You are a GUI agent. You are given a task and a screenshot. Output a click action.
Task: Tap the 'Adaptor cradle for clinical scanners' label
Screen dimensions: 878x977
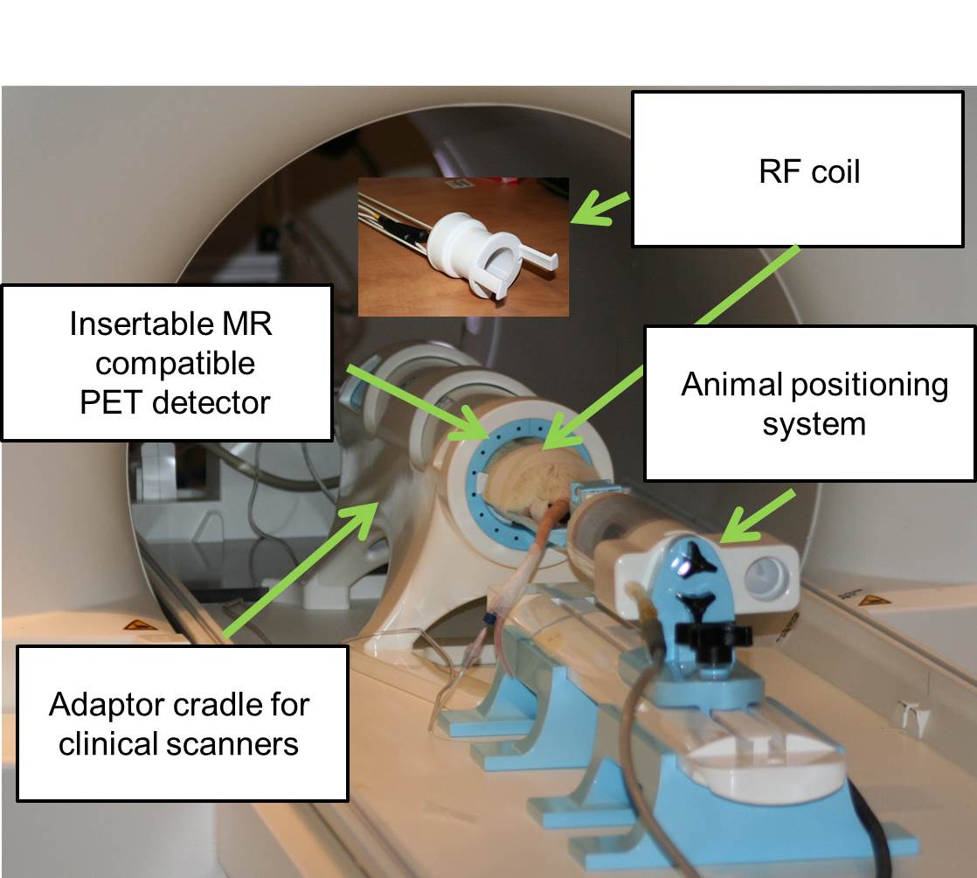(x=182, y=722)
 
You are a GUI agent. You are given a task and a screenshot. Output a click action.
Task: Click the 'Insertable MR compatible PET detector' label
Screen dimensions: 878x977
(x=167, y=362)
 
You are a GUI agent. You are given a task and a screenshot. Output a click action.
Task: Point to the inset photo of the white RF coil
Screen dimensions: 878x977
(x=463, y=246)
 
